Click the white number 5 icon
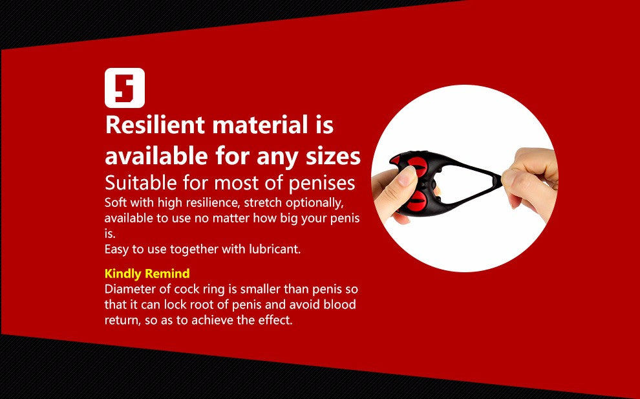(124, 87)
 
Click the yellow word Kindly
(123, 274)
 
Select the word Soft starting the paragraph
(116, 202)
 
